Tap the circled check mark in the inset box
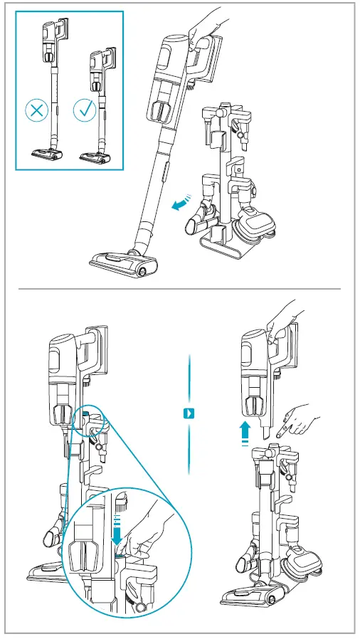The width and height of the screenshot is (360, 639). [x=85, y=110]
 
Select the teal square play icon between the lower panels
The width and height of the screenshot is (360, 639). [x=189, y=413]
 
